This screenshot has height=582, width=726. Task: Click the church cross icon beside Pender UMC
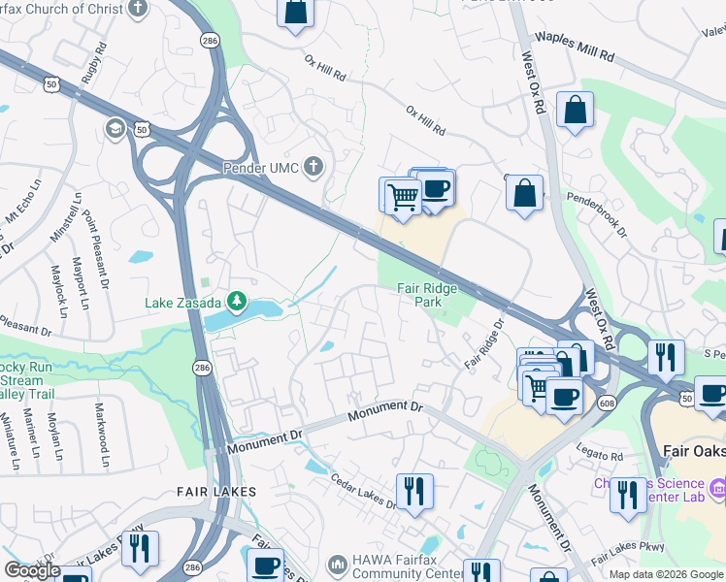[313, 167]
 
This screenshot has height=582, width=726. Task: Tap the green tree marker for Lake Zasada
[235, 302]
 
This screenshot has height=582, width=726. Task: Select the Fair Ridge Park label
[426, 295]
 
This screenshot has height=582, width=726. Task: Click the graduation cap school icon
[115, 129]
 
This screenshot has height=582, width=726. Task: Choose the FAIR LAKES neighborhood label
[216, 492]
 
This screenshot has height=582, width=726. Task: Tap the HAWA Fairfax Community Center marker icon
[337, 564]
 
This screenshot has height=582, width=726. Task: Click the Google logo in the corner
[32, 570]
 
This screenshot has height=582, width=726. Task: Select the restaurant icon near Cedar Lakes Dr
[414, 491]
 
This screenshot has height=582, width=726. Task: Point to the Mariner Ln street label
[35, 436]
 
